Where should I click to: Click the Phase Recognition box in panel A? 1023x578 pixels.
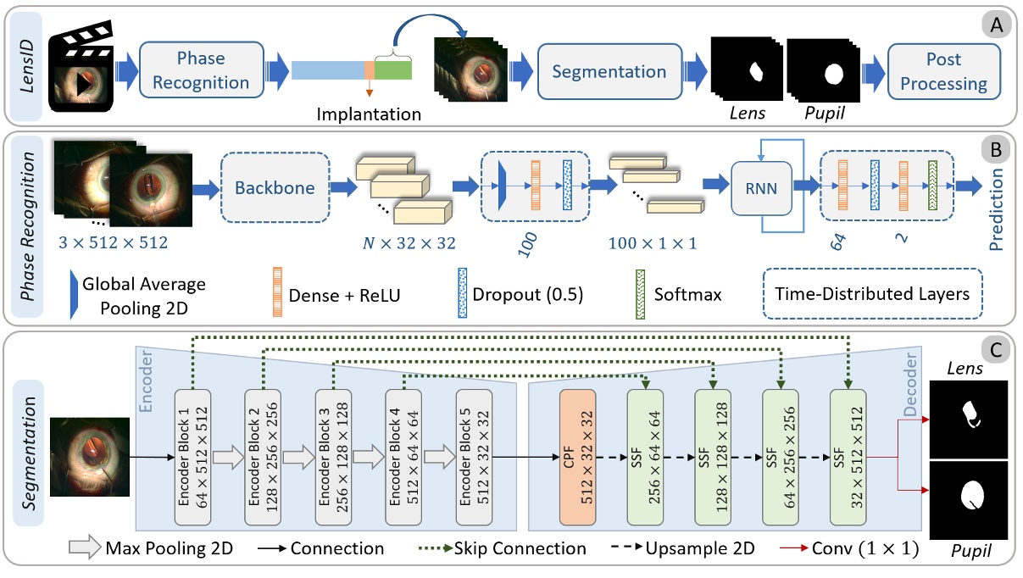tap(202, 71)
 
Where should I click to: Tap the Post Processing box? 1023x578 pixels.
tap(944, 71)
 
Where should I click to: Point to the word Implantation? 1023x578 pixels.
tap(369, 113)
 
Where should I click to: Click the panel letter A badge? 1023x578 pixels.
tap(995, 26)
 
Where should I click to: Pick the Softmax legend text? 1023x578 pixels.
tap(688, 294)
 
